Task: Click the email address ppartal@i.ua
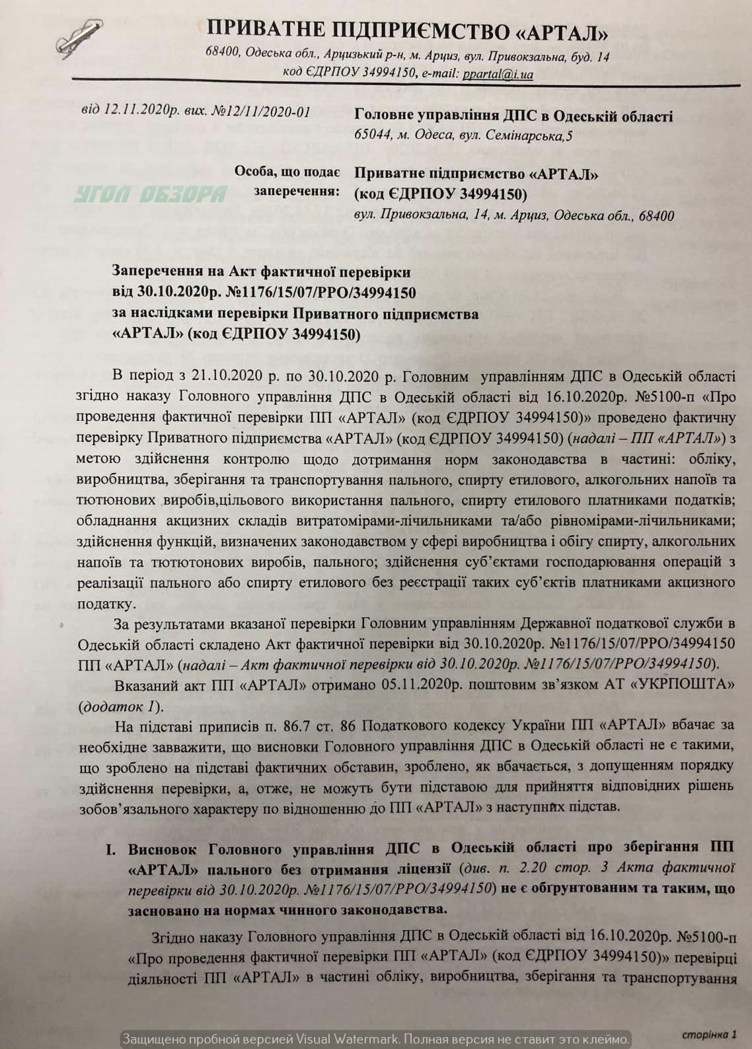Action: (x=498, y=74)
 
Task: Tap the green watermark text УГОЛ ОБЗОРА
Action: (x=150, y=194)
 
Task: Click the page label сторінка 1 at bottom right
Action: (x=709, y=1034)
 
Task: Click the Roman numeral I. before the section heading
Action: (x=111, y=850)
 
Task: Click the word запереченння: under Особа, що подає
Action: (x=297, y=192)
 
